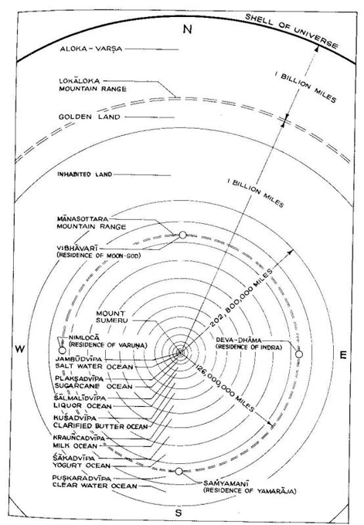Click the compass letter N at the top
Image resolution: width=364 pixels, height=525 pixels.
(x=187, y=29)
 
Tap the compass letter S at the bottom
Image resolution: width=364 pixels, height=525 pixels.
(x=179, y=513)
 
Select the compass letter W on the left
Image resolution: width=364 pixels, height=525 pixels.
(x=20, y=349)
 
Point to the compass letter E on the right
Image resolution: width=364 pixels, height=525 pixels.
(x=343, y=355)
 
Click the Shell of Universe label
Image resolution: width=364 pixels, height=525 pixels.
(x=291, y=31)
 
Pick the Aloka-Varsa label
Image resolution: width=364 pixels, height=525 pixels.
(x=91, y=49)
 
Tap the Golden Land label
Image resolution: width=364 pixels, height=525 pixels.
(x=89, y=117)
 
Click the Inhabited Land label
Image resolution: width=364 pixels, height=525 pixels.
(x=84, y=174)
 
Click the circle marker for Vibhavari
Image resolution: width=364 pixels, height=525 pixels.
(x=182, y=235)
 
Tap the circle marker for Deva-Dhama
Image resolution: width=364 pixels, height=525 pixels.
(x=299, y=354)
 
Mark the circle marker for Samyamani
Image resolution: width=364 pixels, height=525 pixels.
(x=179, y=472)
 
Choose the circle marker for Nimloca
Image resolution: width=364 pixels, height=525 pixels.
(x=62, y=351)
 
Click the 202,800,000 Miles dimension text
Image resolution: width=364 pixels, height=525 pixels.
(x=241, y=297)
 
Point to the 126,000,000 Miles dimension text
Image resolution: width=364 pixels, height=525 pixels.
(x=225, y=387)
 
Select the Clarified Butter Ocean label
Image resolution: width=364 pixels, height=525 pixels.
(x=100, y=426)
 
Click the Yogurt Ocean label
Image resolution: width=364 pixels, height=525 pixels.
(x=81, y=466)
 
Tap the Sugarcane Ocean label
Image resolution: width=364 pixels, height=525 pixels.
(x=94, y=386)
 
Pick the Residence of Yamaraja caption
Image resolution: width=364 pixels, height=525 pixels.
(x=250, y=491)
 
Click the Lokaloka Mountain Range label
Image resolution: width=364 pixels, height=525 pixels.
(x=93, y=85)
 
